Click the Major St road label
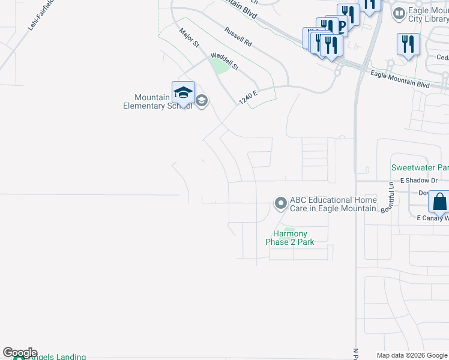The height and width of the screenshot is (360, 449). click(x=189, y=38)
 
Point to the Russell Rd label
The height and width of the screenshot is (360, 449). click(x=238, y=37)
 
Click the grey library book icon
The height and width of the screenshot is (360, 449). click(x=398, y=13)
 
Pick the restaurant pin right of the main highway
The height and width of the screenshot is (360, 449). click(x=407, y=44)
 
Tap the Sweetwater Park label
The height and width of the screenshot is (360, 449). click(x=420, y=167)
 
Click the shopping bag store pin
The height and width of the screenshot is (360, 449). click(x=439, y=202)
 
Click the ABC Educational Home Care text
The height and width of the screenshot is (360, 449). click(x=334, y=205)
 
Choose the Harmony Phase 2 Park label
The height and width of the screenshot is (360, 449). click(x=290, y=238)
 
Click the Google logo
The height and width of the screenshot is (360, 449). click(x=20, y=353)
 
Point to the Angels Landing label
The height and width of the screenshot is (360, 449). click(x=57, y=356)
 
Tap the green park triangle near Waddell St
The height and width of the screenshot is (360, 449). click(x=220, y=66)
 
